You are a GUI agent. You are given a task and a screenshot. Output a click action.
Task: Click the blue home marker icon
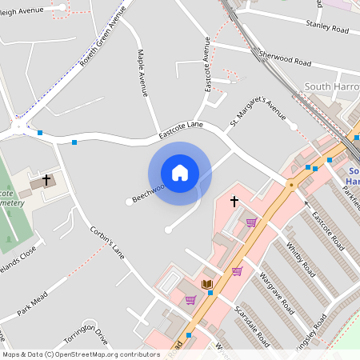coord(180,173)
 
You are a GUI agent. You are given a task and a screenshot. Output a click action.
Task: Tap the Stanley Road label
coord(327,28)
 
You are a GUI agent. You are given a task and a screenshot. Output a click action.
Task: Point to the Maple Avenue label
coord(142,74)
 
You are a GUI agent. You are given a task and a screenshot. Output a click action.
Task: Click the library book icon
coord(206,284)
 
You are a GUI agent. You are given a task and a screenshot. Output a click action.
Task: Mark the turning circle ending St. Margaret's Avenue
coord(293,126)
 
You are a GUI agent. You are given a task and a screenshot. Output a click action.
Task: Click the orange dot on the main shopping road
coord(291,184)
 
